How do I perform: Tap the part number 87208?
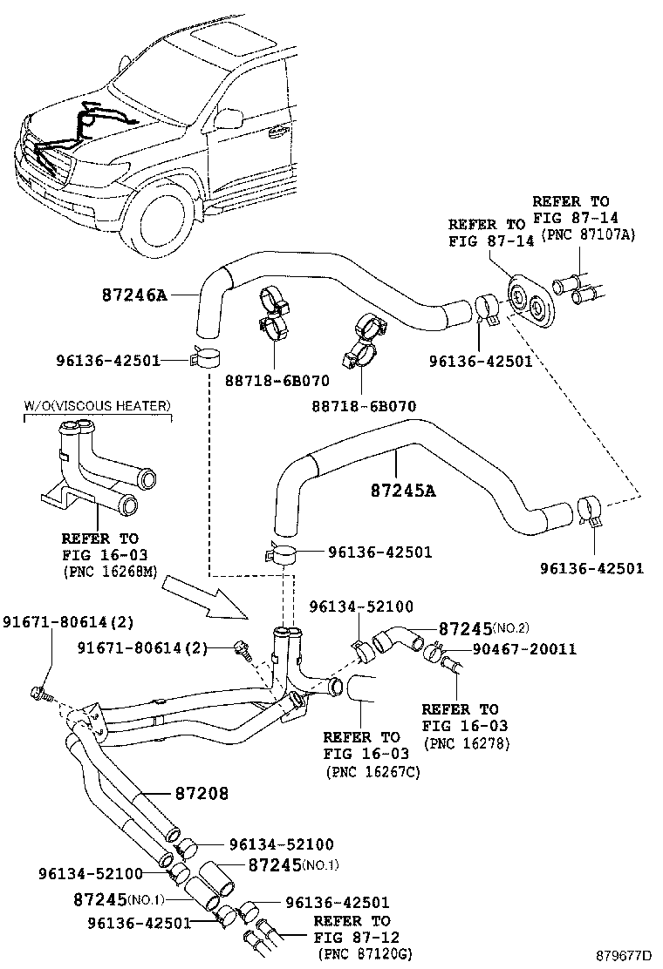202,794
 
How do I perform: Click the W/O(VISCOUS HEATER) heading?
97,406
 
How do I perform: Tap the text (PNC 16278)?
466,743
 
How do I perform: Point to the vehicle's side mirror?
229,119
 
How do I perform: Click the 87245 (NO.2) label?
482,628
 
